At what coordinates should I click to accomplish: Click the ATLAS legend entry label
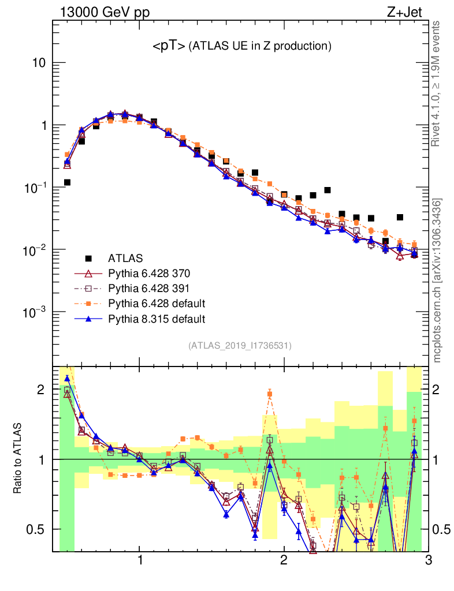(x=125, y=257)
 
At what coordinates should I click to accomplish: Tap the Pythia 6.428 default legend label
(x=156, y=303)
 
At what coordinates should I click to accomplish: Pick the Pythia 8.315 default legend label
(x=156, y=319)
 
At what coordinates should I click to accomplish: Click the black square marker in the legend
(x=88, y=257)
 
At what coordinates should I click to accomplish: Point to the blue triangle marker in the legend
(x=88, y=319)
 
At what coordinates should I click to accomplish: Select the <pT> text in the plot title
(x=169, y=46)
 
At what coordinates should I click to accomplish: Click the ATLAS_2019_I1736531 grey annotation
(x=240, y=346)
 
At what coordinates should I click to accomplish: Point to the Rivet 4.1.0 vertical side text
(x=437, y=83)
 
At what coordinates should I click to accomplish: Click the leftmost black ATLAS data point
(x=67, y=182)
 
